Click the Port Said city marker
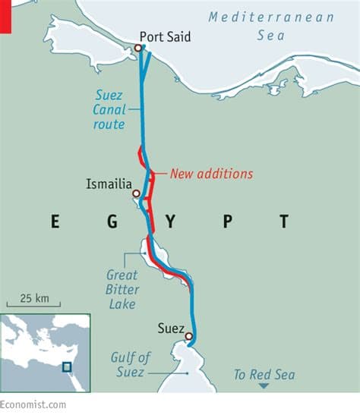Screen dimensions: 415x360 (138, 49)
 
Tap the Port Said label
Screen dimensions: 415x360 (166, 36)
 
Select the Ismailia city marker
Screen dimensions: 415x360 (137, 193)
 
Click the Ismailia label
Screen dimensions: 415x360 (109, 184)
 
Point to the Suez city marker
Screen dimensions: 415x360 (188, 336)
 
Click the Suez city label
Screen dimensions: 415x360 (171, 329)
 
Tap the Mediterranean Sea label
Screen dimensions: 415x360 (273, 24)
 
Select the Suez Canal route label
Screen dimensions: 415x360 (110, 110)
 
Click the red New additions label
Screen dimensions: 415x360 (211, 174)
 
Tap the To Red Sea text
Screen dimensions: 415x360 (264, 374)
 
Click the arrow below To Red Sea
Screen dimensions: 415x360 (264, 386)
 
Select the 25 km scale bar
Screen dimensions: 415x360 (33, 305)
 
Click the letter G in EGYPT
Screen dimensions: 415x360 (112, 222)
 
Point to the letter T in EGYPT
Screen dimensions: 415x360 (283, 222)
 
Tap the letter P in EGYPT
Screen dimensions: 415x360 (227, 222)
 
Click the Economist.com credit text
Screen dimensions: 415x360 (33, 405)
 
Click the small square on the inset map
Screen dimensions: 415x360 (67, 367)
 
